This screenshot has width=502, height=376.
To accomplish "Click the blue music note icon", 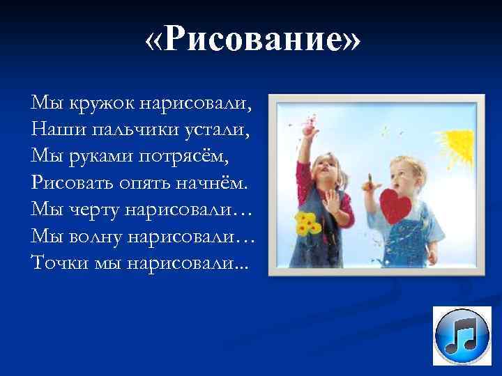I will click(x=462, y=336).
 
